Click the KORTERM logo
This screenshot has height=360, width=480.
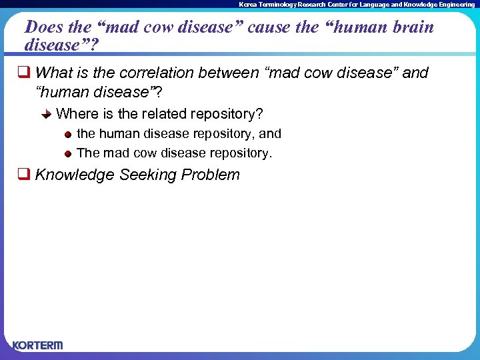coord(37,345)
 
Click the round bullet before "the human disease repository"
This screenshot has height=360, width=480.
coord(68,135)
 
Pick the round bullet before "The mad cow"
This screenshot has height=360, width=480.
coord(68,153)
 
